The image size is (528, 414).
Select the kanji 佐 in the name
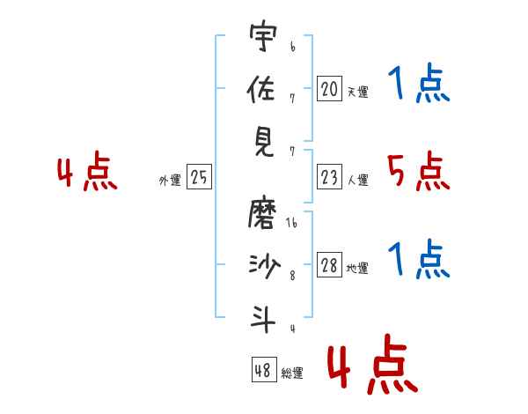[260, 89]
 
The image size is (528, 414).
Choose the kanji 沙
[260, 266]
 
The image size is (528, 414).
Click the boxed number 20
[329, 89]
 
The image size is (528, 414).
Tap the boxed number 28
[329, 266]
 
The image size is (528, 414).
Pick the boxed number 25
[199, 178]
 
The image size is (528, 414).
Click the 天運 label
[358, 92]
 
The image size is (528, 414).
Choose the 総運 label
[292, 373]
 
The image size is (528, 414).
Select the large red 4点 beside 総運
[371, 366]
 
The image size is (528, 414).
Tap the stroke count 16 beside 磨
[291, 224]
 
